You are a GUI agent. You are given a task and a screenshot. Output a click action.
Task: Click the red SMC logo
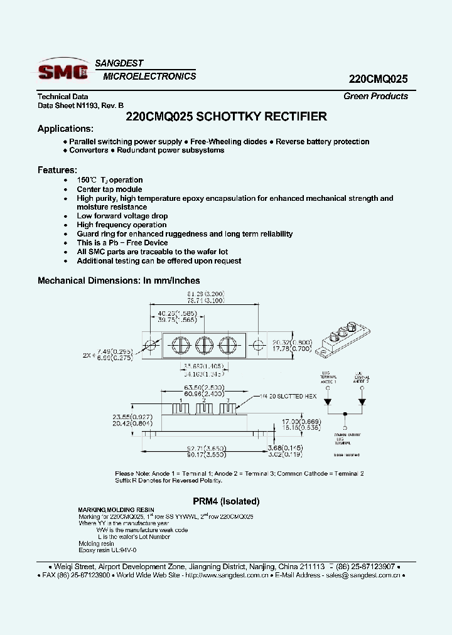[63, 72]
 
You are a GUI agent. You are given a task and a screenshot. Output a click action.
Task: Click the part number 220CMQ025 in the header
[378, 79]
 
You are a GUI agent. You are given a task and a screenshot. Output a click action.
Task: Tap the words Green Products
[375, 96]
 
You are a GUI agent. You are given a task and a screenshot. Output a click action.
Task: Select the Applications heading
[65, 129]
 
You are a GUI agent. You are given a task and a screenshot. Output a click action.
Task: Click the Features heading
[57, 170]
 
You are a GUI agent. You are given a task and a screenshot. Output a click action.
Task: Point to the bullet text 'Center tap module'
[109, 189]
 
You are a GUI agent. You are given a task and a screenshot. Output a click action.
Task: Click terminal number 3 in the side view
[228, 400]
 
